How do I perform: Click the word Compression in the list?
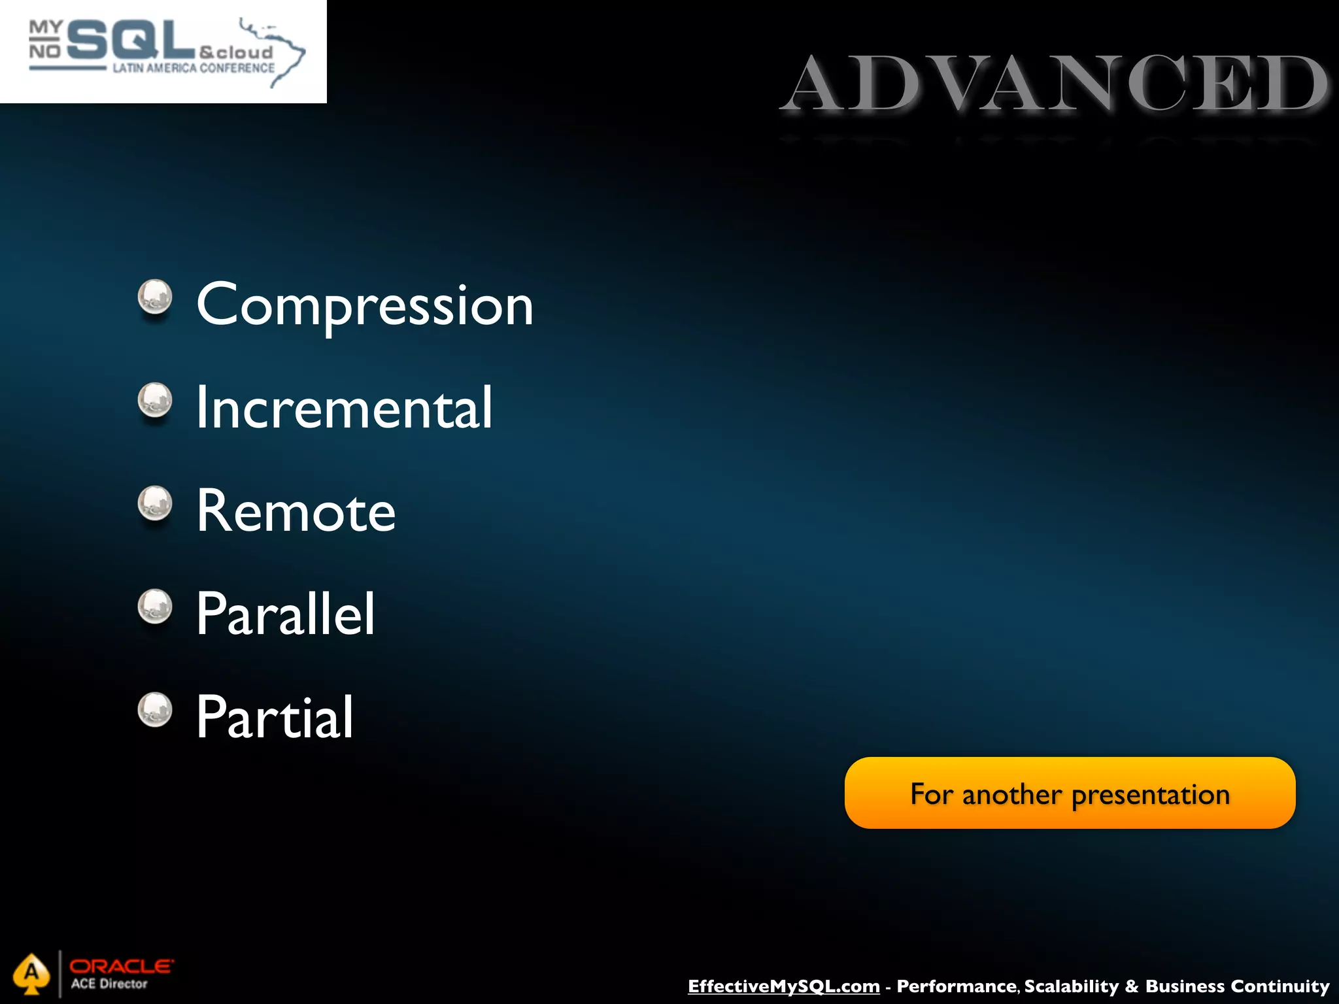coord(365,305)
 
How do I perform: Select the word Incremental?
coord(344,408)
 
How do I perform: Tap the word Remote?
coord(296,511)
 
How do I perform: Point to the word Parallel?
coord(286,614)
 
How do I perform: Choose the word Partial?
coord(275,717)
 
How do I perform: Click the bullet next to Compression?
coord(155,297)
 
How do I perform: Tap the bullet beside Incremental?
coord(155,400)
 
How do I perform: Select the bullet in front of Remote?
coord(155,503)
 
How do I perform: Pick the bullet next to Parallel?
coord(155,607)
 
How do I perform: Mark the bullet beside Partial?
coord(155,710)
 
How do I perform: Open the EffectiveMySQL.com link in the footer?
coord(783,986)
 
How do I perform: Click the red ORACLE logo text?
coord(122,966)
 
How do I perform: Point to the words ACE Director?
coord(109,984)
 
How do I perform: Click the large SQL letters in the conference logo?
coord(131,41)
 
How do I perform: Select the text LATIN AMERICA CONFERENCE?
coord(194,68)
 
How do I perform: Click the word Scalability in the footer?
coord(1072,986)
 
